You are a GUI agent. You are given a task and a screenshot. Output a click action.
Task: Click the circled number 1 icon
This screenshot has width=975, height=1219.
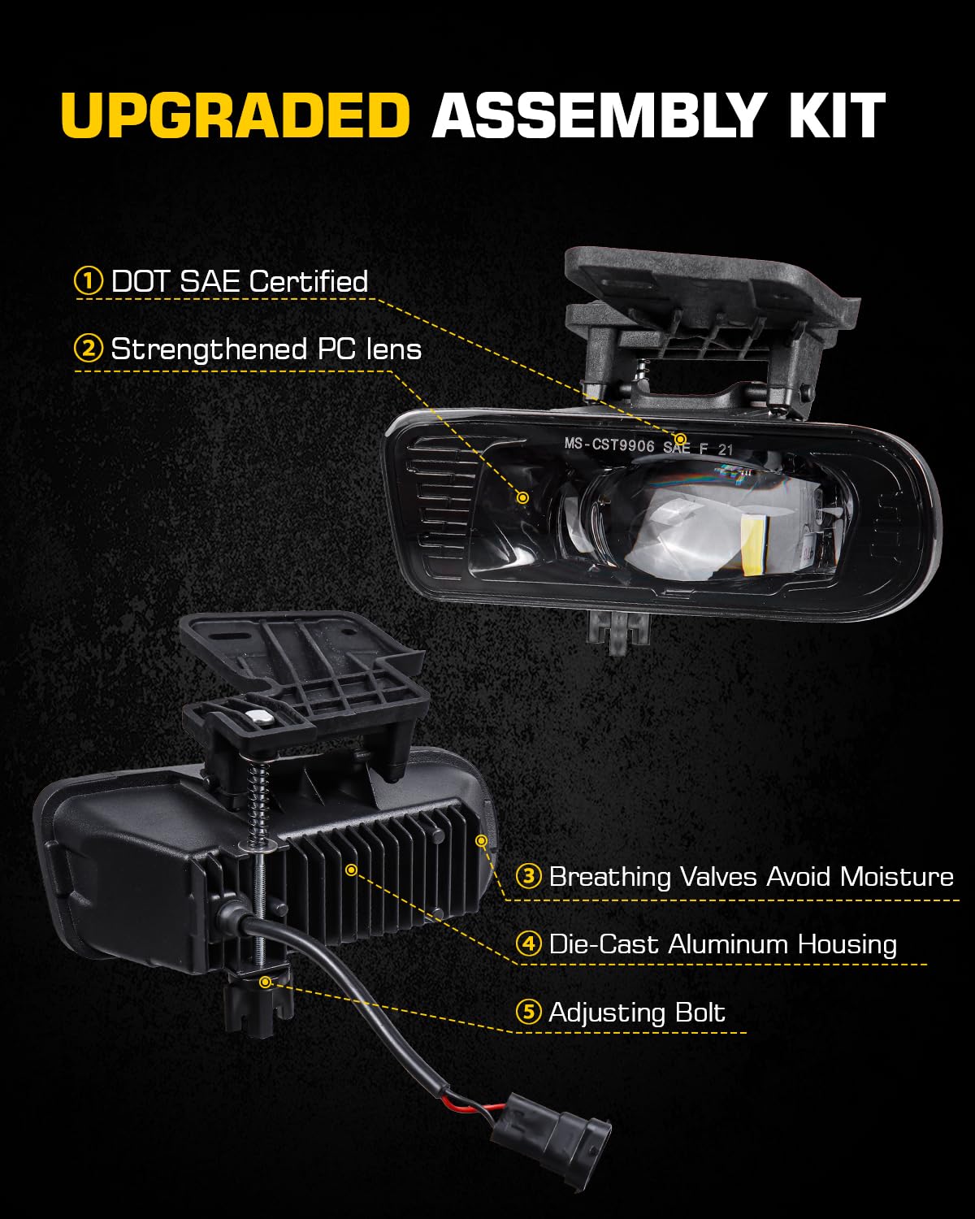click(x=89, y=281)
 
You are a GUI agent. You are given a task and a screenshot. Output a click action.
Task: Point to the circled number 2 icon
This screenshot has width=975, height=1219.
click(x=89, y=349)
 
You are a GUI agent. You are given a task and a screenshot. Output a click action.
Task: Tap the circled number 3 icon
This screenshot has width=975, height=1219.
click(x=529, y=876)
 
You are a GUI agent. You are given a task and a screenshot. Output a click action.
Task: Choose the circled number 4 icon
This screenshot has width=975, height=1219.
click(x=529, y=944)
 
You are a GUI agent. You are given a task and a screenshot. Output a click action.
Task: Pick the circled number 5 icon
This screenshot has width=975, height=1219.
click(x=529, y=1012)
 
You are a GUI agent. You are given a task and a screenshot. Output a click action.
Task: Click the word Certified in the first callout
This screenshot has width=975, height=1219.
click(x=309, y=281)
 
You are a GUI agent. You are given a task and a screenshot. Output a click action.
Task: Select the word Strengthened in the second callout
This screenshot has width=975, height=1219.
click(x=209, y=349)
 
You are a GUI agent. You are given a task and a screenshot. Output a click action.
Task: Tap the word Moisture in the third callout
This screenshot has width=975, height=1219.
click(x=897, y=877)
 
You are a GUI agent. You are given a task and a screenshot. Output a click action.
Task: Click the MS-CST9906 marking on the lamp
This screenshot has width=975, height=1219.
click(x=609, y=444)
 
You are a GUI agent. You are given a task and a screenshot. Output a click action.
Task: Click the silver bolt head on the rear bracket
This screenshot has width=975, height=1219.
click(x=261, y=718)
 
